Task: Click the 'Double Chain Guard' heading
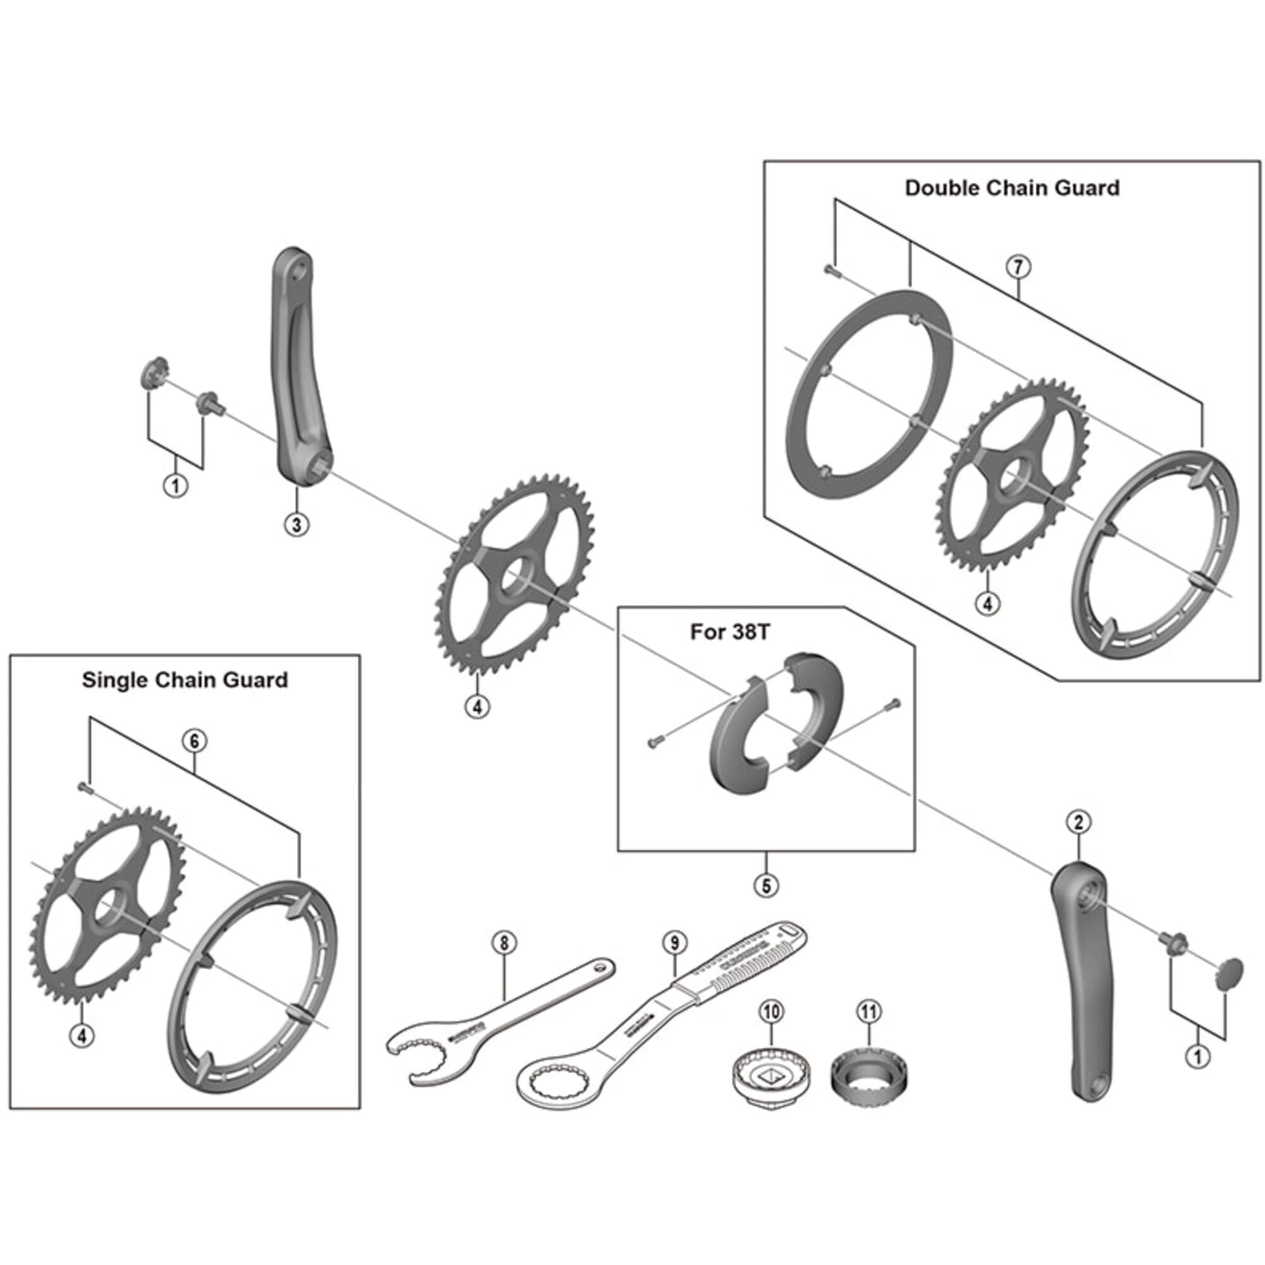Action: [1011, 188]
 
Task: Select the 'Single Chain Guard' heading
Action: [185, 680]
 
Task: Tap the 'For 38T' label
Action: [730, 632]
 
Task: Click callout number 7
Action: [1018, 267]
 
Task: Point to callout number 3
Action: [297, 524]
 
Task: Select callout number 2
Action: [1078, 822]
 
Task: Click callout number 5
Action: [766, 885]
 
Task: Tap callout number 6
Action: [194, 741]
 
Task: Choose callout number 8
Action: [503, 943]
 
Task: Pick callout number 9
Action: [674, 943]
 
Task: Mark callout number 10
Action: [771, 1011]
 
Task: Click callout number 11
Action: [868, 1011]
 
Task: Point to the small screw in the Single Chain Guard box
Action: [84, 787]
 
